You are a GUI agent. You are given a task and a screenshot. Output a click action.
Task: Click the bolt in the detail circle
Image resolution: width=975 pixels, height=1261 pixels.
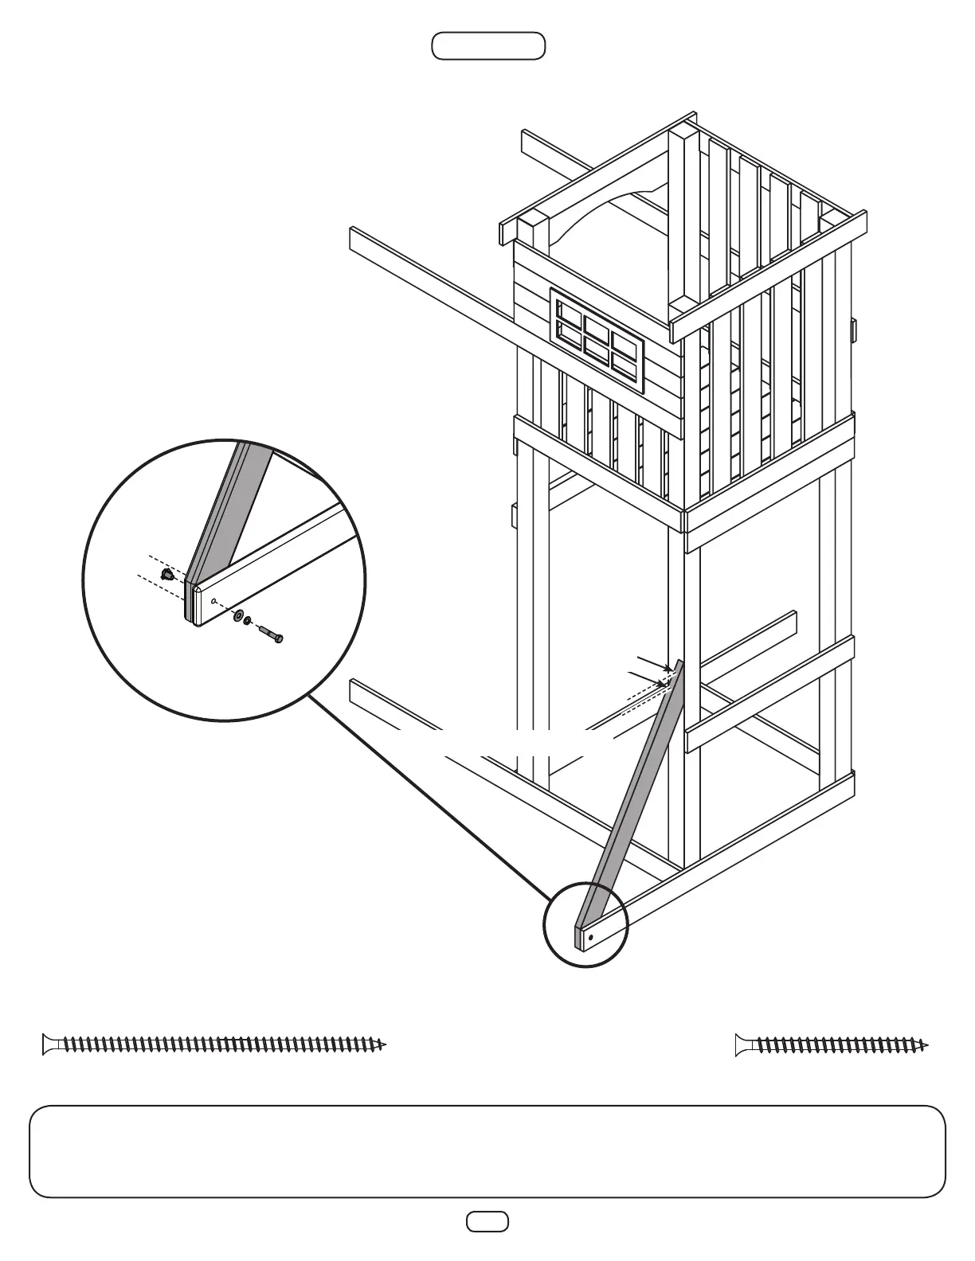point(270,634)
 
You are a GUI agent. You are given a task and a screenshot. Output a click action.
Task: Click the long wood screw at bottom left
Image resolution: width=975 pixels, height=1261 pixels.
point(215,1044)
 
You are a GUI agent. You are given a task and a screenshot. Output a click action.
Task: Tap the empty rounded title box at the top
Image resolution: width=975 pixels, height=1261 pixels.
point(488,46)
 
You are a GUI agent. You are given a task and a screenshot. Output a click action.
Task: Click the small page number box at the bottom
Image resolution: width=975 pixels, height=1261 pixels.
point(487,1221)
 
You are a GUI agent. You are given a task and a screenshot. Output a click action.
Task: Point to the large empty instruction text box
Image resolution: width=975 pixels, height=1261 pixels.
point(487,1151)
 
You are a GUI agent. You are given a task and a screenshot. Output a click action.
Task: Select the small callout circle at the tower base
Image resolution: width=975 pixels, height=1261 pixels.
point(585,925)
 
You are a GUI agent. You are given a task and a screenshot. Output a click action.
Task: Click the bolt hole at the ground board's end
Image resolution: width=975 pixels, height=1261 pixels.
point(590,938)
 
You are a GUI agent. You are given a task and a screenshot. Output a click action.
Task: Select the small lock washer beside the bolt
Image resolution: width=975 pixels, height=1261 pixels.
point(249,621)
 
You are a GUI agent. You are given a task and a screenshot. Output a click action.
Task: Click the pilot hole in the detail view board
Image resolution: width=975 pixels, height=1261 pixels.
point(214,602)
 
